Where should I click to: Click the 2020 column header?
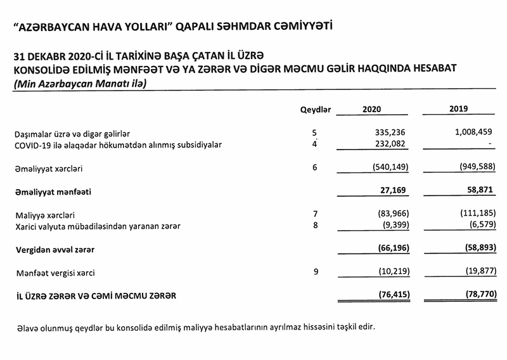coord(372,110)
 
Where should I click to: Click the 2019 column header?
coord(458,109)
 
